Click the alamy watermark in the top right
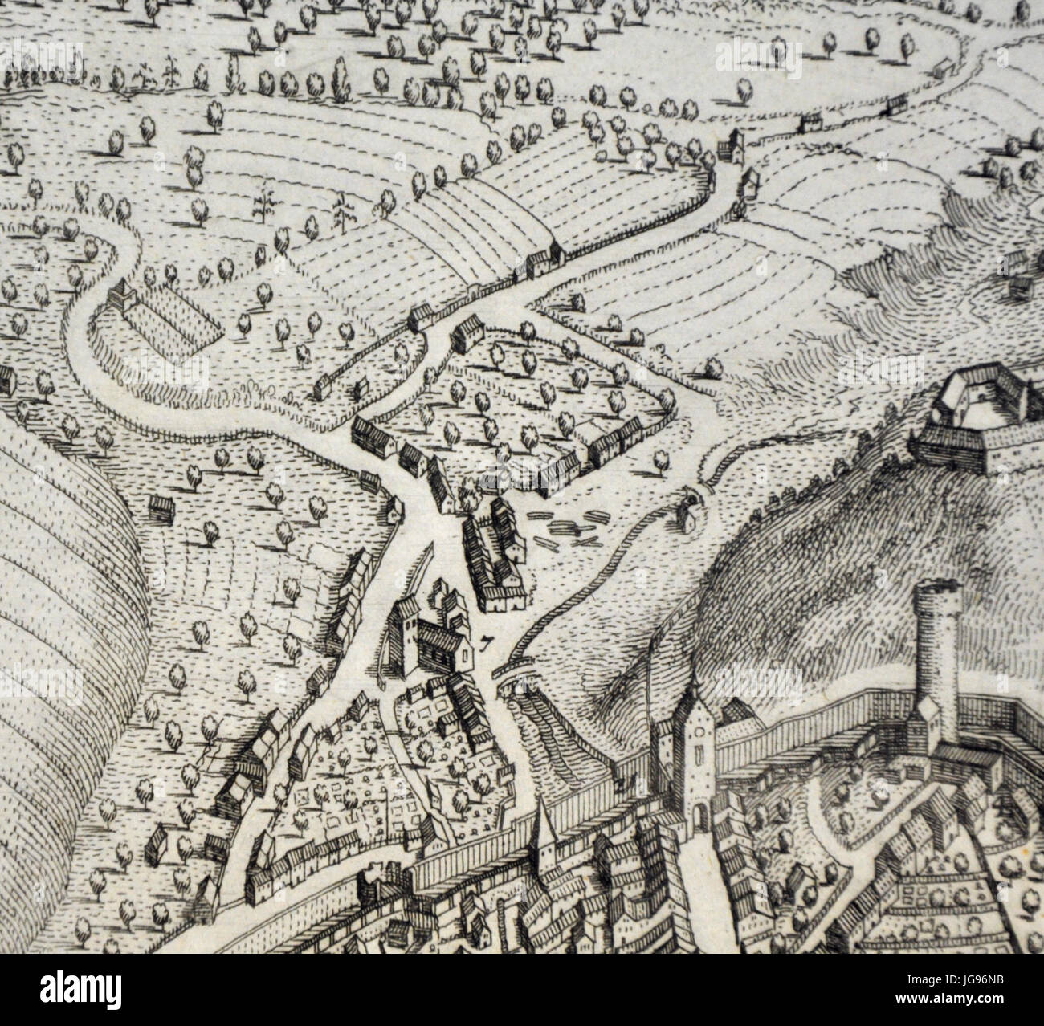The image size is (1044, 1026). (758, 60)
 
